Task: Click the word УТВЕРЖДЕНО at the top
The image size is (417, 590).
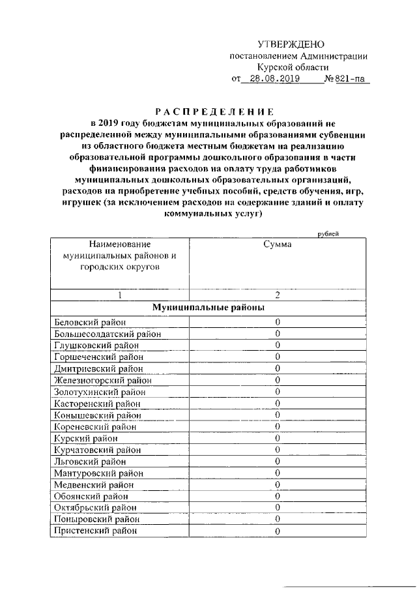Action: (x=291, y=44)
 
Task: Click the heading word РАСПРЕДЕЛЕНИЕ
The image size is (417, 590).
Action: (x=208, y=111)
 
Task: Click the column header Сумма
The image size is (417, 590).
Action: (x=277, y=244)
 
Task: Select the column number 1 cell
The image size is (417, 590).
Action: (x=120, y=295)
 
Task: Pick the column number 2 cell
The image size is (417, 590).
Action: (x=277, y=295)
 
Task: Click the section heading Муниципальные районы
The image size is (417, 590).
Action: (x=208, y=307)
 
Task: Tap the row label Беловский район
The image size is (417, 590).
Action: (x=89, y=322)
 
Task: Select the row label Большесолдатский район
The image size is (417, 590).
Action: (x=106, y=334)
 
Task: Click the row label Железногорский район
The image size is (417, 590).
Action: (x=102, y=381)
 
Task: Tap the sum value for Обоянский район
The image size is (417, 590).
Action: (x=277, y=496)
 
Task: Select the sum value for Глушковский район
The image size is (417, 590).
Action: (x=277, y=346)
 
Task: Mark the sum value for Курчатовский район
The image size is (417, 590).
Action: (x=277, y=450)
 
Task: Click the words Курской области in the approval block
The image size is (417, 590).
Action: (x=292, y=67)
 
